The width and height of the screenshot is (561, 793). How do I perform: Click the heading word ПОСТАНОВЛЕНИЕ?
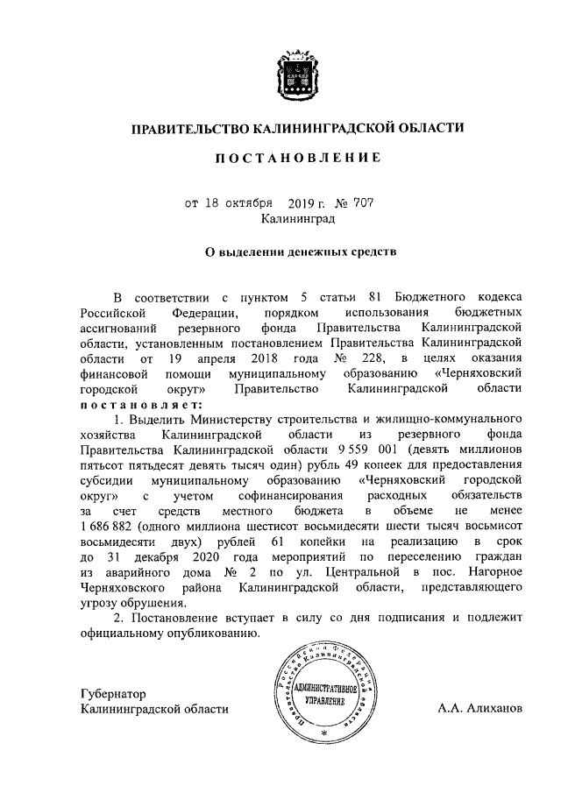coord(299,159)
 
